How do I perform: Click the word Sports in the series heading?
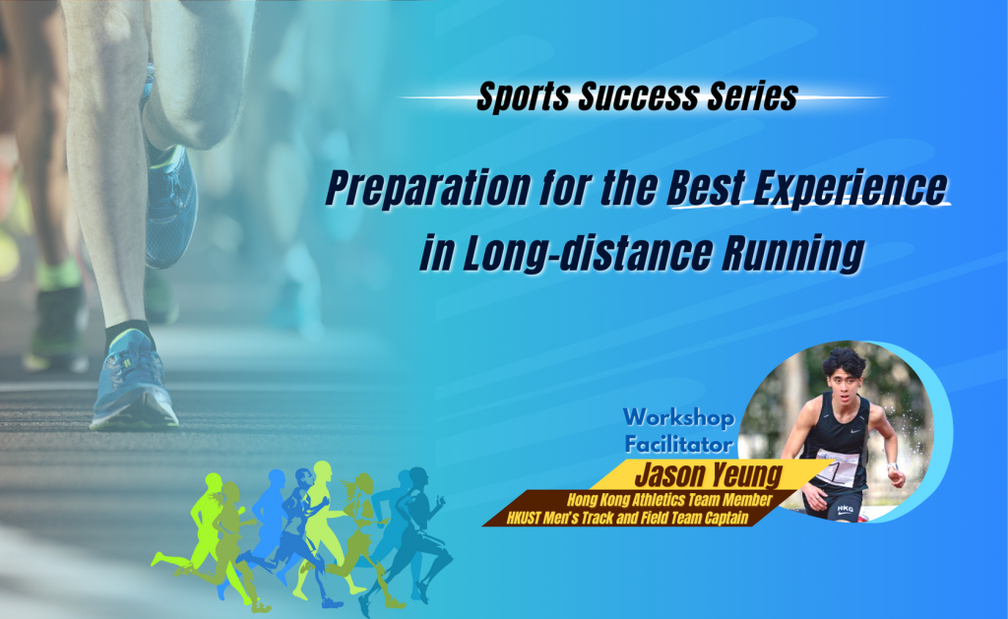[518, 97]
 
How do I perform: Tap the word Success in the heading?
[630, 97]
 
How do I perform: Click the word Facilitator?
[678, 443]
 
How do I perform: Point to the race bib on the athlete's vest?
[837, 465]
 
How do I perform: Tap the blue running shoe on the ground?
[133, 387]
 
